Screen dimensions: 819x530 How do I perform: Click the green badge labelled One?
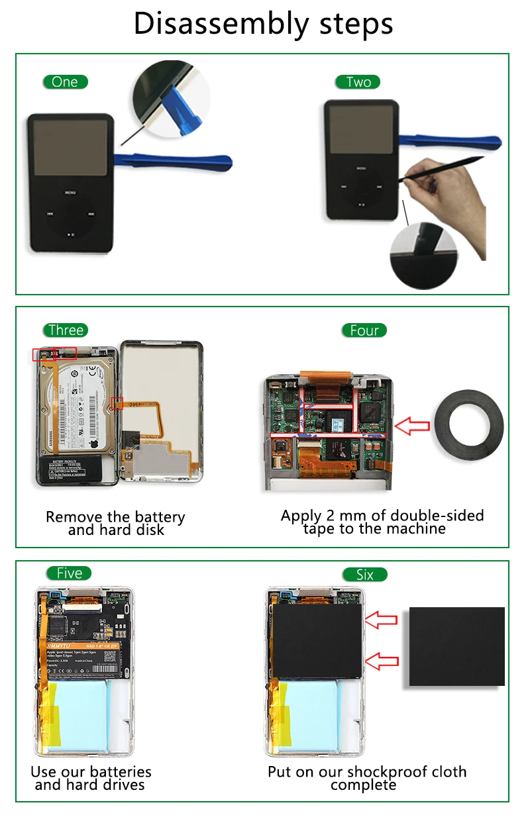(x=66, y=82)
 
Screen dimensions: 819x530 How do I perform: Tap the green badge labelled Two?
(x=358, y=82)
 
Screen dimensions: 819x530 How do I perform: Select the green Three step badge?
(x=66, y=330)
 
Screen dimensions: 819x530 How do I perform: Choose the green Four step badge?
(x=364, y=330)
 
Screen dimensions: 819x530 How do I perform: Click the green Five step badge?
(x=69, y=573)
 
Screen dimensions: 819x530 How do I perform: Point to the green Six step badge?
(x=364, y=575)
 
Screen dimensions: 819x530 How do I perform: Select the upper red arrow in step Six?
(x=382, y=620)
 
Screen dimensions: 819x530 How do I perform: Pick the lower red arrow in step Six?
(x=382, y=660)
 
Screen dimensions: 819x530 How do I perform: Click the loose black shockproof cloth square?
(x=456, y=646)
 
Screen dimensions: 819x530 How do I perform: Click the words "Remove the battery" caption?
(x=115, y=517)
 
